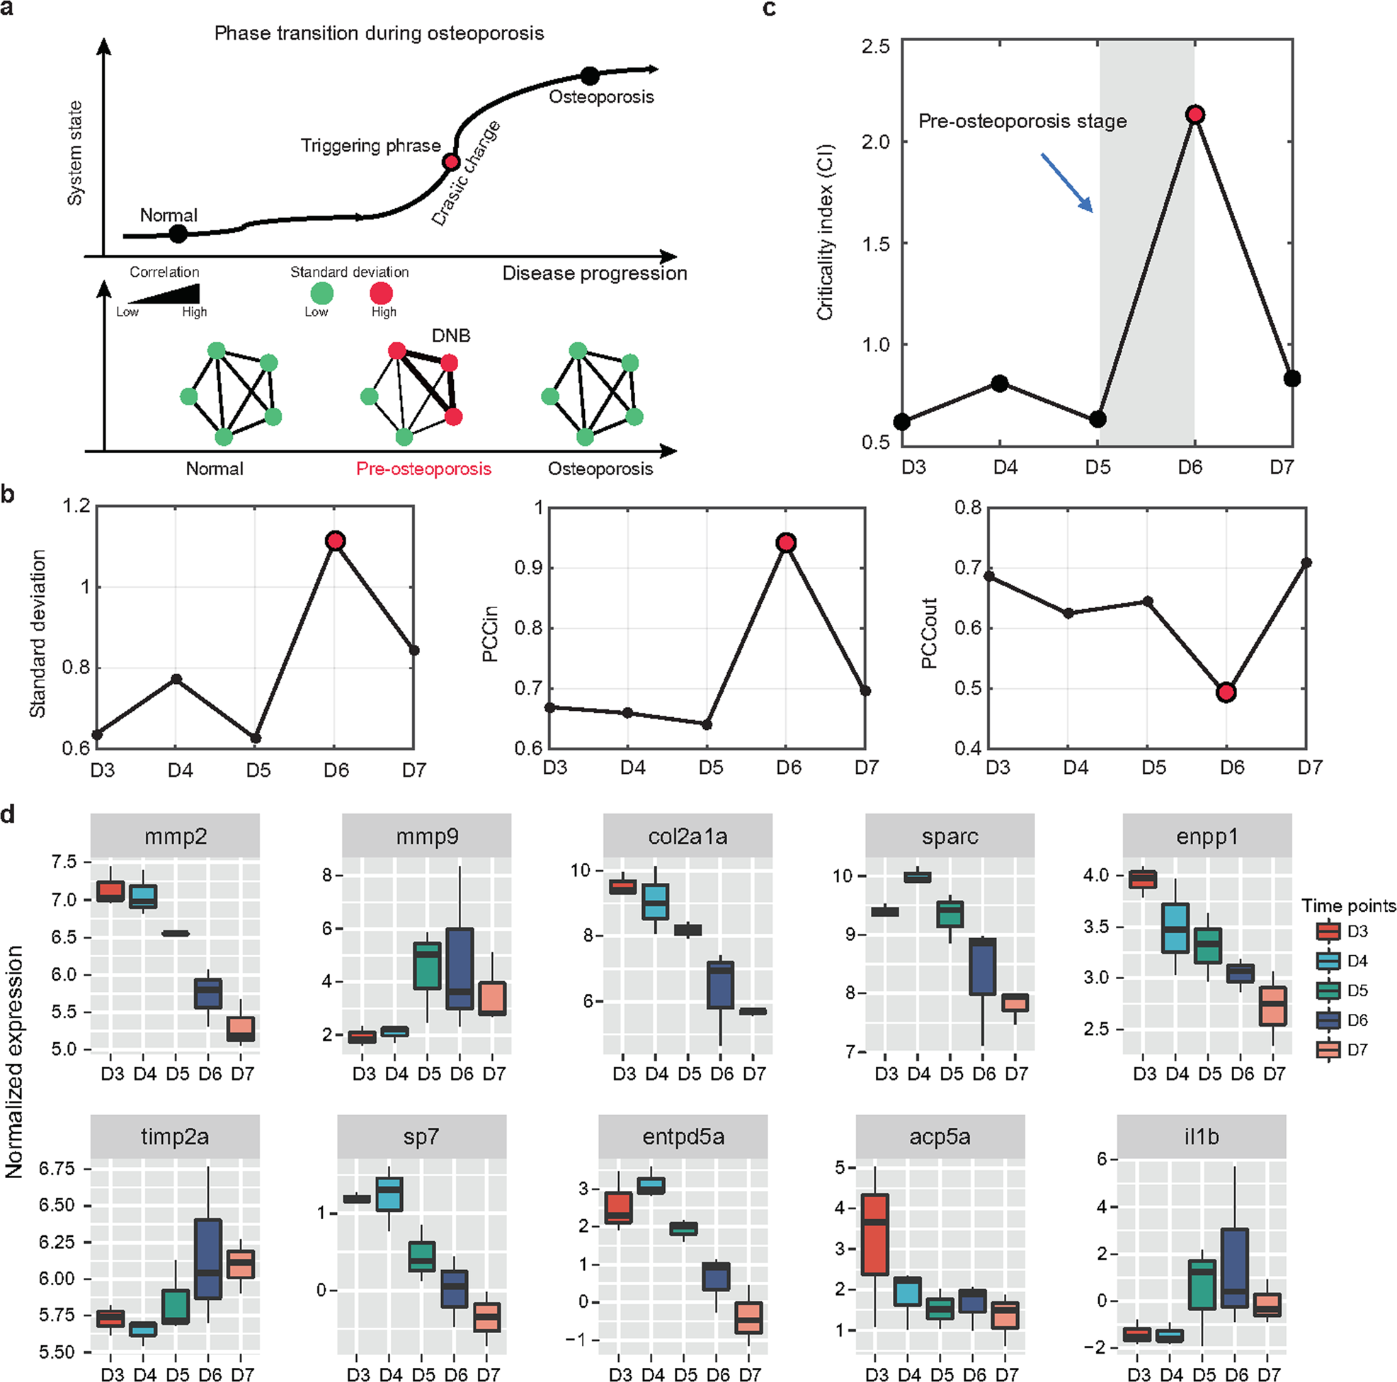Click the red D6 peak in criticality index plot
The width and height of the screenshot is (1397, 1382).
[x=1194, y=114]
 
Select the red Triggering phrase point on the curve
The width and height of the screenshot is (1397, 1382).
[x=451, y=161]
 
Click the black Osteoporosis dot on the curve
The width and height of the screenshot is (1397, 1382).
[x=590, y=75]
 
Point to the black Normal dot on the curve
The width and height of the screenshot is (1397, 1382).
[x=178, y=234]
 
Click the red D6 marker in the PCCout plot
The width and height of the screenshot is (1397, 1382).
[x=1226, y=692]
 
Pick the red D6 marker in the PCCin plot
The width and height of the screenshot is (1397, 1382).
[x=786, y=542]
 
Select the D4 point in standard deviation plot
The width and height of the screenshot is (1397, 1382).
[x=176, y=678]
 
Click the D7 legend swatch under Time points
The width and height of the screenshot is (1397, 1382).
[x=1328, y=1049]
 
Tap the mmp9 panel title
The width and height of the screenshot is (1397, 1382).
[x=427, y=837]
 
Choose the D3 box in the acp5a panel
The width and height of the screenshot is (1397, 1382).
[x=876, y=1234]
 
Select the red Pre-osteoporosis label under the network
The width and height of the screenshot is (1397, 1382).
[x=423, y=469]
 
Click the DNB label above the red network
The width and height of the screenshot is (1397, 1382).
[x=450, y=336]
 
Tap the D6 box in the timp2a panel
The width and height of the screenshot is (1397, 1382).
[x=208, y=1258]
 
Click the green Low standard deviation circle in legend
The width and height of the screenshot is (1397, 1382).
[x=321, y=294]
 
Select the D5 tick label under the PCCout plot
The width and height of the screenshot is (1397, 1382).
[x=1153, y=767]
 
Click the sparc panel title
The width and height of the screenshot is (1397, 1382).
[x=950, y=837]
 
